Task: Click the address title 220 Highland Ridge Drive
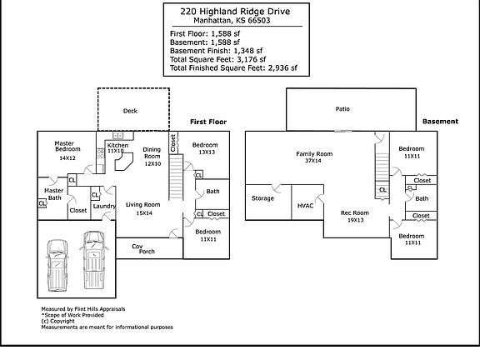coord(239,11)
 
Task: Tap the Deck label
coord(130,110)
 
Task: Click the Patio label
coord(342,109)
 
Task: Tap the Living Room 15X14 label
coord(143,208)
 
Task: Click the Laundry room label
coord(104,206)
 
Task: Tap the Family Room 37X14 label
coord(313,157)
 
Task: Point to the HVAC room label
coord(305,205)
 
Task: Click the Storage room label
coord(263,198)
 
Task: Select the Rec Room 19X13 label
coord(354,216)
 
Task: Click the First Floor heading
coord(208,122)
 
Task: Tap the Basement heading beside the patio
coord(440,121)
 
